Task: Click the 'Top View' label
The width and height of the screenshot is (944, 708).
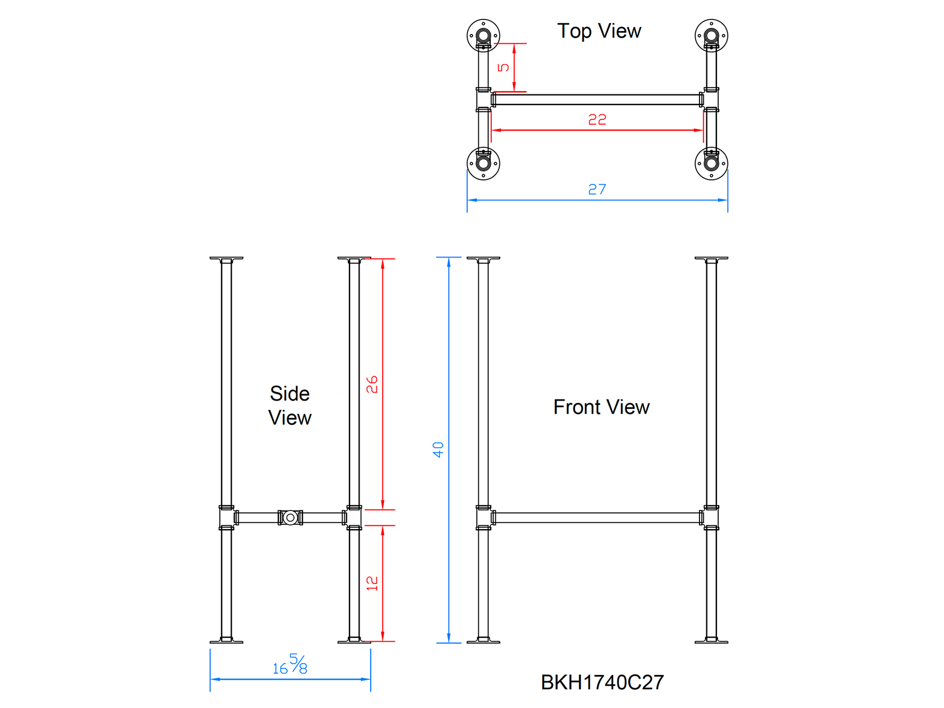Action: pos(599,31)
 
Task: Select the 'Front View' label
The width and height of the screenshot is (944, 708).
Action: pos(601,407)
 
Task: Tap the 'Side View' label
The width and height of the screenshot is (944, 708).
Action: pos(290,405)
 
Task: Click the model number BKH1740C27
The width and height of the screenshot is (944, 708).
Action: pos(602,682)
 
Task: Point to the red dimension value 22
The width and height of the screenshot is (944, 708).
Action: pos(597,119)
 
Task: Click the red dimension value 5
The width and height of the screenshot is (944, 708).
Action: pos(504,67)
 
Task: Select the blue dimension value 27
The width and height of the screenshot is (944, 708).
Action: pos(597,189)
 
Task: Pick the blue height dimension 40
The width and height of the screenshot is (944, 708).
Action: pos(438,450)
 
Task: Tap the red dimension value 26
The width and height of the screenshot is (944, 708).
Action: pos(372,385)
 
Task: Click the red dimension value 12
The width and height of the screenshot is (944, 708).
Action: pos(372,583)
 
